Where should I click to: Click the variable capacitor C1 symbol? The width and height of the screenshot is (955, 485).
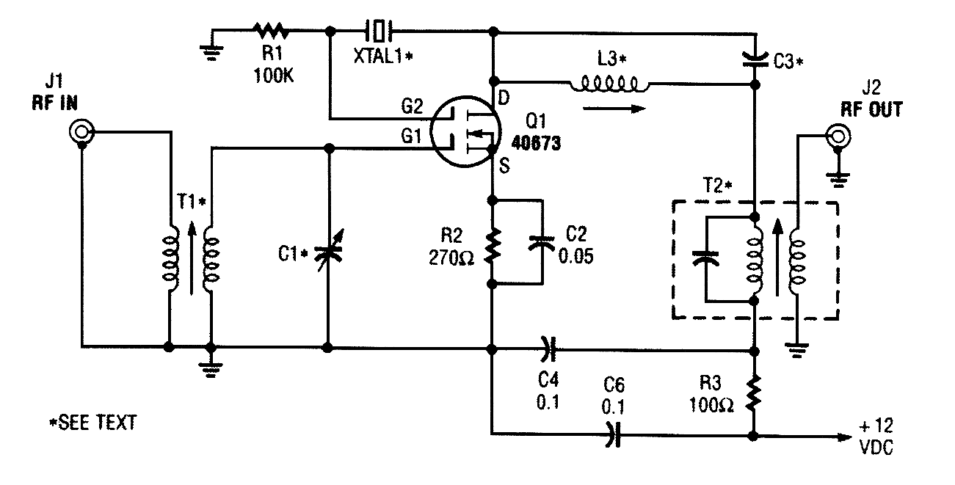click(328, 255)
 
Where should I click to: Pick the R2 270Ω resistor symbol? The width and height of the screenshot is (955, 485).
click(493, 249)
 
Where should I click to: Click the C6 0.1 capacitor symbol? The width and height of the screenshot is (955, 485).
click(613, 434)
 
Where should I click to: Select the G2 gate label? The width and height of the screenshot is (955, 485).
click(411, 107)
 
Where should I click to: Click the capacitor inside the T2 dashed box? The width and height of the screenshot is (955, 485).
click(705, 259)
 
